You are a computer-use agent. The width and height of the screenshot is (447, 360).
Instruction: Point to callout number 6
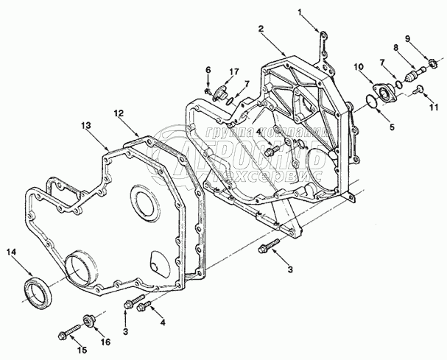208,70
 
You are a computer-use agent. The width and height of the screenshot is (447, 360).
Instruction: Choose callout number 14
11,253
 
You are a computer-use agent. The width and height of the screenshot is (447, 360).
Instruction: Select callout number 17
233,71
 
